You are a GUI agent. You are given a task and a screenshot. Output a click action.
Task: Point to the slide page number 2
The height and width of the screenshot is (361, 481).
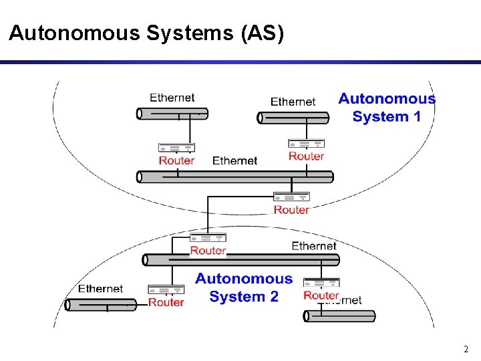point(466,349)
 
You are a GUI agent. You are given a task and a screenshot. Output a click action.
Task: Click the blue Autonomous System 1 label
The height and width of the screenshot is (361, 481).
point(387,108)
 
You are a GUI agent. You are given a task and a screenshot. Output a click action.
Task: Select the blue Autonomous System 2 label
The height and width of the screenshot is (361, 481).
point(244,287)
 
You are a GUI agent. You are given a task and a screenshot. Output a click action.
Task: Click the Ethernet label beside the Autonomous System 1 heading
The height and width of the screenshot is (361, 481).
point(293,102)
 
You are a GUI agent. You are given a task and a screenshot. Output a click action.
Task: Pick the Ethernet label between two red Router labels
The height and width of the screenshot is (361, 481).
point(234,160)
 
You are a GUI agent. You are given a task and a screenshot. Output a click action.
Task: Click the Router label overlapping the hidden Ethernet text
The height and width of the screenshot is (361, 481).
point(321,295)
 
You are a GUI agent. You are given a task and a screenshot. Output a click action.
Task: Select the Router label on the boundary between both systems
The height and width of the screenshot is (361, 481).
point(291,210)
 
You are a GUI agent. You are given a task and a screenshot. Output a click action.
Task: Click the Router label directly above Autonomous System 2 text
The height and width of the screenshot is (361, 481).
point(208,251)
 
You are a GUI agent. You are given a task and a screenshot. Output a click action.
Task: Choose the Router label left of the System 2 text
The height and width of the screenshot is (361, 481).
point(166,302)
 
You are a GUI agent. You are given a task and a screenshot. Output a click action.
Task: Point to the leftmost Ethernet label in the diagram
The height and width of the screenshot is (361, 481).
point(100,289)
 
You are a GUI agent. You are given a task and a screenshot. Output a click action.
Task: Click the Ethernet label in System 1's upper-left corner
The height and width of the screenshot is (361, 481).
point(172,98)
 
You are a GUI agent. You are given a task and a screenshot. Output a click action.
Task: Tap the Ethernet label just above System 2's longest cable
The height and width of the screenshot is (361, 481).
point(314,246)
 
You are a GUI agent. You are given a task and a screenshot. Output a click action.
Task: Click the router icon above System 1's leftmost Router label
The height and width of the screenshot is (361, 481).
point(176,148)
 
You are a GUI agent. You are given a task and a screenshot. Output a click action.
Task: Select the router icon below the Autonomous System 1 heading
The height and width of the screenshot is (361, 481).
point(306,143)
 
